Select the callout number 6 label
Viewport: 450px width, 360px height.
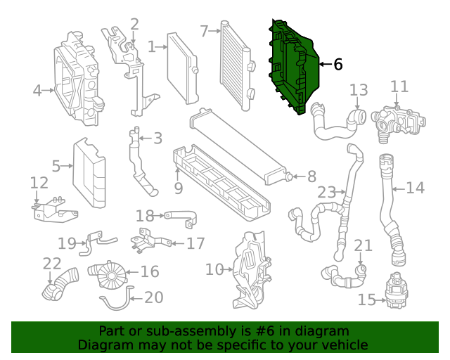coord(337,65)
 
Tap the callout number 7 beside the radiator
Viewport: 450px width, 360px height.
coord(204,31)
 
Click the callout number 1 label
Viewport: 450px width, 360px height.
coord(152,47)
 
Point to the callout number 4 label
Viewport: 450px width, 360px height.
coord(37,90)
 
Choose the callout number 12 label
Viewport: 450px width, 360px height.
coord(39,183)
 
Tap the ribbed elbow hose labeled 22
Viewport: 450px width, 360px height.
coord(61,283)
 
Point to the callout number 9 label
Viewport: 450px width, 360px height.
coord(179,188)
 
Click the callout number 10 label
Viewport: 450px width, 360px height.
coord(214,269)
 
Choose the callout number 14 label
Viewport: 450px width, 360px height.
coord(416,188)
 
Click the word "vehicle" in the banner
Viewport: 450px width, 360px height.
coord(343,345)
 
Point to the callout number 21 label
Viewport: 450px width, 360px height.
coord(363,245)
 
